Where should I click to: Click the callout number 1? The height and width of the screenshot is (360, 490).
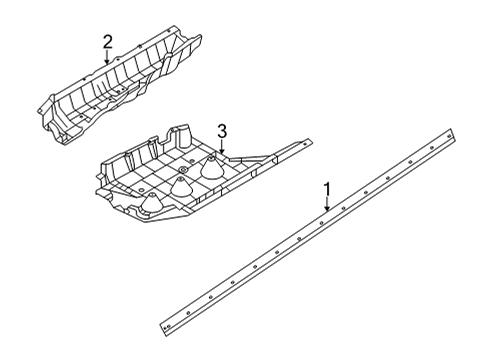click(328, 189)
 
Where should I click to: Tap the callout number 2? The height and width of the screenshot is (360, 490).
click(107, 42)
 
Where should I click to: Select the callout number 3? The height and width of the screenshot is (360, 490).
click(222, 131)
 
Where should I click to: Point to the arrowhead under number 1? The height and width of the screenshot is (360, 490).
click(327, 208)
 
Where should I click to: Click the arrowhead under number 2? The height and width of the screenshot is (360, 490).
click(107, 61)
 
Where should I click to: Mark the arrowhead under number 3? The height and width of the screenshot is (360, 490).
click(222, 151)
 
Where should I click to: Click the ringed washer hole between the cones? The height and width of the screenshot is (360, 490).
click(182, 171)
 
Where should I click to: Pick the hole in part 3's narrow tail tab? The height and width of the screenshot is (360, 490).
click(304, 144)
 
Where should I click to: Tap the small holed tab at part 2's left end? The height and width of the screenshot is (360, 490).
click(40, 109)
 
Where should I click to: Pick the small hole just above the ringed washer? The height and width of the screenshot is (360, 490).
click(192, 162)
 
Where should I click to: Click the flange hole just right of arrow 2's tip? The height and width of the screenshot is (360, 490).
click(117, 59)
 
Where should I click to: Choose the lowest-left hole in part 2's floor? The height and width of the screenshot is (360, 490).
click(81, 117)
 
